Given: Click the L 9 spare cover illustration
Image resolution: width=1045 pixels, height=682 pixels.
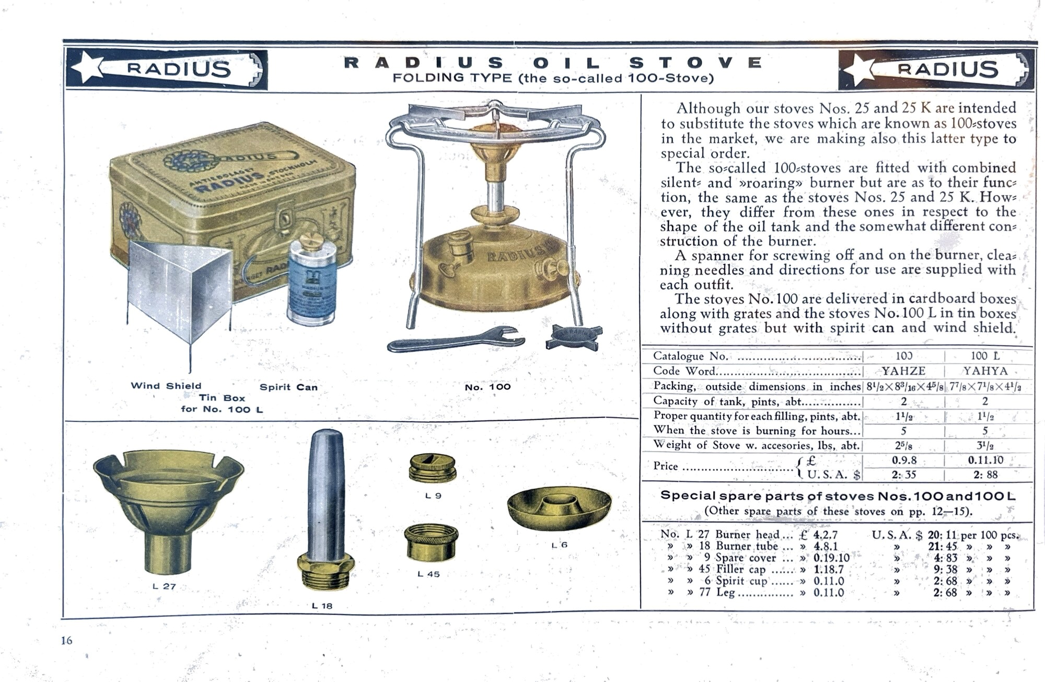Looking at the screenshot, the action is (x=433, y=468).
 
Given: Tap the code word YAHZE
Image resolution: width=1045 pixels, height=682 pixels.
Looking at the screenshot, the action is (x=903, y=371).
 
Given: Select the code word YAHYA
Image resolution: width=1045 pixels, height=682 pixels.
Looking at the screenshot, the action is (x=985, y=371).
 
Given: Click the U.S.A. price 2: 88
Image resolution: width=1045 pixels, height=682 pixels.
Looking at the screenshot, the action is (x=984, y=475).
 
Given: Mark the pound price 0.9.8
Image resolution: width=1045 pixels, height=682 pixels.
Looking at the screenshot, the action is (x=903, y=460).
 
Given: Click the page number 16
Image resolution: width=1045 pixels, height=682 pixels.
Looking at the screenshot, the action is (x=66, y=640).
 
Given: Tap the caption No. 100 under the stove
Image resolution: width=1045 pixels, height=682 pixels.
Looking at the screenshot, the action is (x=487, y=387).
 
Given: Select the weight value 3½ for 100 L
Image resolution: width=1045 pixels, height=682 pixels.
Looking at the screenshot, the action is (x=985, y=446).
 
